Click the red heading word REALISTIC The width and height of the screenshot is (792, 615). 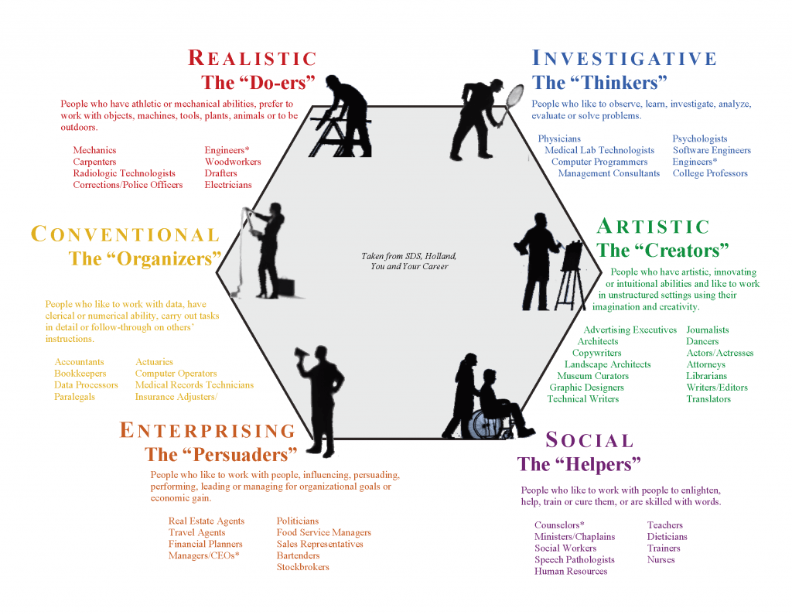(x=253, y=59)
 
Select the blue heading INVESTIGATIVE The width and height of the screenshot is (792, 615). (x=625, y=59)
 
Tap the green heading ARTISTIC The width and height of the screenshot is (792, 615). (x=654, y=227)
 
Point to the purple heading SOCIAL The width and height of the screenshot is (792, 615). (x=590, y=441)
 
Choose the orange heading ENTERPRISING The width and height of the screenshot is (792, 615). (x=208, y=431)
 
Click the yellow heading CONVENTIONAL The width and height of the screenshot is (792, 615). (x=125, y=234)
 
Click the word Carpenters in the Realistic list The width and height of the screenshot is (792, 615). (x=94, y=162)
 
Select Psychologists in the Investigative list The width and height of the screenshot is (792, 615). (x=700, y=138)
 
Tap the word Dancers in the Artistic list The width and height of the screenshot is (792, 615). (x=702, y=341)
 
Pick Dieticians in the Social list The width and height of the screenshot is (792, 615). (x=667, y=536)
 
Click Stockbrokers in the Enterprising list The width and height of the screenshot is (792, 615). (x=302, y=567)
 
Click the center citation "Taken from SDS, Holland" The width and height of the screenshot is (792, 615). (x=409, y=256)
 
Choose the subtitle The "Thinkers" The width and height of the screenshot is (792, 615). (x=599, y=82)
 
